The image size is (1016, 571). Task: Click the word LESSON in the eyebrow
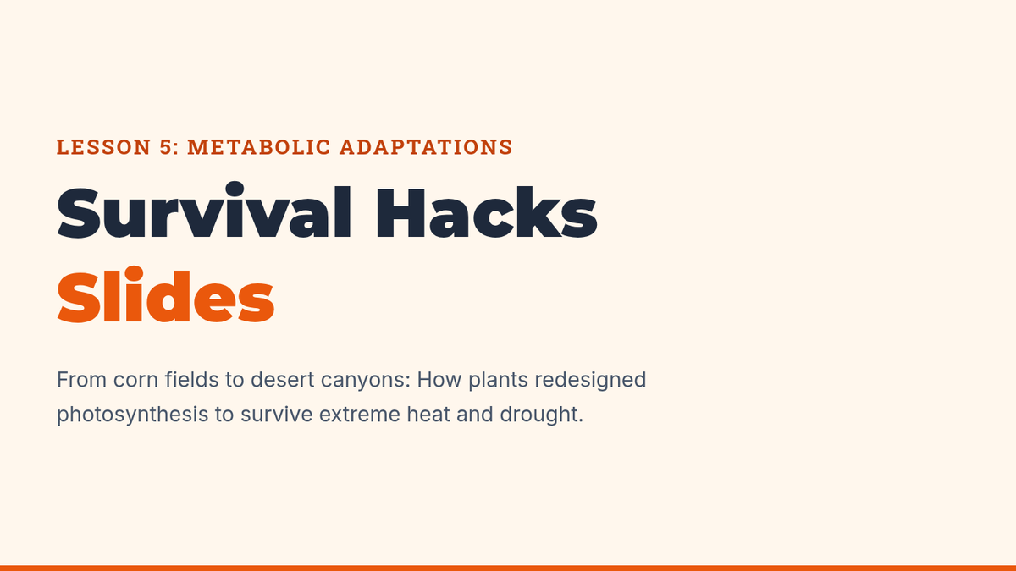pyautogui.click(x=103, y=147)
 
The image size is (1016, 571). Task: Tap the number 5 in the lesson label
pyautogui.click(x=167, y=147)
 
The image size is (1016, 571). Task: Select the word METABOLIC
pyautogui.click(x=259, y=147)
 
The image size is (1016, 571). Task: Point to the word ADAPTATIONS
pyautogui.click(x=427, y=147)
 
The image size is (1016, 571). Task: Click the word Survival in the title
pyautogui.click(x=204, y=211)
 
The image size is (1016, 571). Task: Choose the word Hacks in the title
pyautogui.click(x=487, y=212)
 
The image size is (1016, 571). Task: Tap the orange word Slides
pyautogui.click(x=166, y=294)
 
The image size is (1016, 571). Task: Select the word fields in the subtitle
pyautogui.click(x=192, y=379)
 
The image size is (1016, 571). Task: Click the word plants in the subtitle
pyautogui.click(x=498, y=381)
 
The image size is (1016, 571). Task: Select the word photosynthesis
pyautogui.click(x=132, y=415)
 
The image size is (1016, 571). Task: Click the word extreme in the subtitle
pyautogui.click(x=360, y=415)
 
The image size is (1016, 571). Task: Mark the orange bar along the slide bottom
pyautogui.click(x=508, y=568)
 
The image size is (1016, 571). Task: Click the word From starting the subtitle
pyautogui.click(x=81, y=380)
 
